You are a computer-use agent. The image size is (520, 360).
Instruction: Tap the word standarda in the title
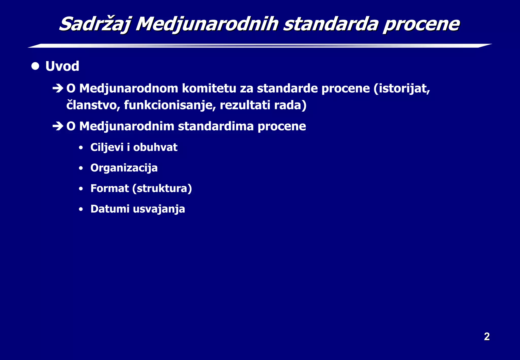[330, 24]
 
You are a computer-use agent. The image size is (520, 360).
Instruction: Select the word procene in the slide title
[421, 24]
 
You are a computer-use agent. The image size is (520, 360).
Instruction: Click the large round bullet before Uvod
[35, 66]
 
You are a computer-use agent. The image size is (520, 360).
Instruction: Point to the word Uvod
[62, 66]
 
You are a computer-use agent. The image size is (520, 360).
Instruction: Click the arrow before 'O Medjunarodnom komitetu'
[58, 89]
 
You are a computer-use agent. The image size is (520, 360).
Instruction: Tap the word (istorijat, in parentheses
[402, 89]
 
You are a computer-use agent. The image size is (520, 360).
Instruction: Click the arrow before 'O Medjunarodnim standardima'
[58, 126]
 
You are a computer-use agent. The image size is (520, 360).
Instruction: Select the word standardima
[216, 126]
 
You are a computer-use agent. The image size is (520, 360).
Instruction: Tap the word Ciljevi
[107, 147]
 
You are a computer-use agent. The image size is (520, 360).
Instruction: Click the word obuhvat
[155, 147]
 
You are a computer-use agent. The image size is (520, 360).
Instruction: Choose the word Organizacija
[124, 168]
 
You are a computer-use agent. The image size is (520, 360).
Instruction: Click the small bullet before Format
[81, 189]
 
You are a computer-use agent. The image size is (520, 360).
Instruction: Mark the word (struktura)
[162, 188]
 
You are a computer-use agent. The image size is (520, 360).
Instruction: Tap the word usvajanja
[159, 209]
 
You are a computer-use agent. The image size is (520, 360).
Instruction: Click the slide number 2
[486, 337]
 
